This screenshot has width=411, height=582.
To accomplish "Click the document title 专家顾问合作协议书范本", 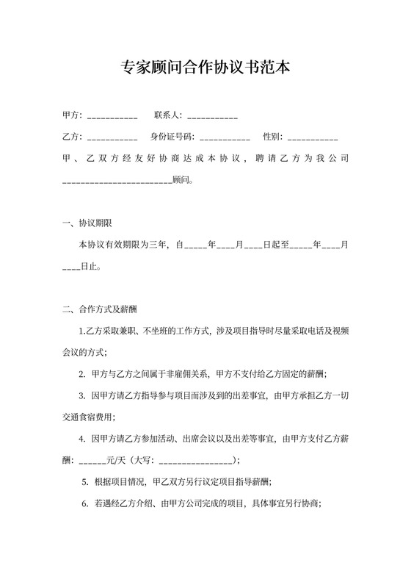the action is (205, 68).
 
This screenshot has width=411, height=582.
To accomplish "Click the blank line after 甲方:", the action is (112, 117).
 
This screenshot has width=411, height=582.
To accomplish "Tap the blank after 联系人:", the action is (213, 117).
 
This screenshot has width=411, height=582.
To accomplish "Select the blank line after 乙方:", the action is (112, 137).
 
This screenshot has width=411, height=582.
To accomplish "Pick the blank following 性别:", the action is (313, 137).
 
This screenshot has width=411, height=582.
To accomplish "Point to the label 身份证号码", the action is (170, 137).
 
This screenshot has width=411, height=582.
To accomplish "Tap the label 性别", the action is (271, 137).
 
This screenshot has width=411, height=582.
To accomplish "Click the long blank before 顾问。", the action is (117, 179).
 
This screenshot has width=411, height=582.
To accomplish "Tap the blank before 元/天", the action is (92, 461).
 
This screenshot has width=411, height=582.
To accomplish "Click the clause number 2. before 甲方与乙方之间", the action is (82, 373).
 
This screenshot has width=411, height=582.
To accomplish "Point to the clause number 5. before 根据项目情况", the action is (85, 483).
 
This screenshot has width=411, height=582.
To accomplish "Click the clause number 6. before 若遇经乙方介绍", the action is (85, 504).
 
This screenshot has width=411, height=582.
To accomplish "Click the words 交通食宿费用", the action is (84, 417).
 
